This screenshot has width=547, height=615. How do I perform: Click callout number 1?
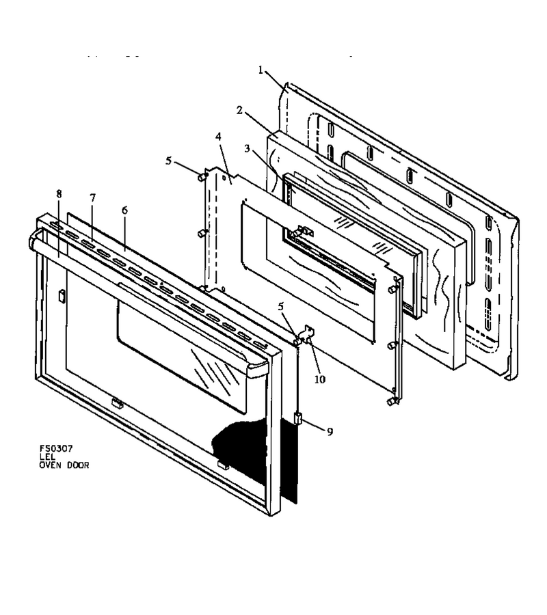(261, 70)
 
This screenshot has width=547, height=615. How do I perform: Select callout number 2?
(239, 111)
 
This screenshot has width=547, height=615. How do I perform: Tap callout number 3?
(247, 149)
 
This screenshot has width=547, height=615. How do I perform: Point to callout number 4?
(218, 137)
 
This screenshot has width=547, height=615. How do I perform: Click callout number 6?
(124, 210)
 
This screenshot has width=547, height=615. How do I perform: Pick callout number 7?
(92, 198)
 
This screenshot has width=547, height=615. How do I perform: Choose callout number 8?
(59, 194)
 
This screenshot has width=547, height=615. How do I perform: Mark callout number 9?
(330, 432)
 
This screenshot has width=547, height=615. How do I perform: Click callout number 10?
(320, 379)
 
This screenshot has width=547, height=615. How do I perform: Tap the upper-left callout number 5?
(169, 161)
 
